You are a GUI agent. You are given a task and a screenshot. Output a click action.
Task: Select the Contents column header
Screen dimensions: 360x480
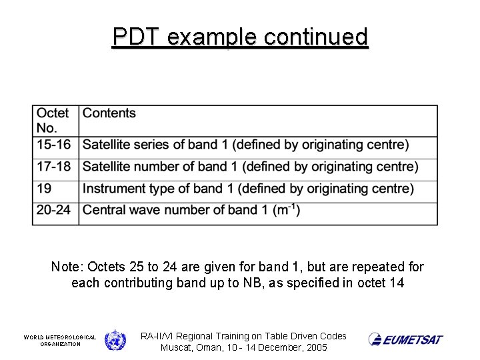(109, 113)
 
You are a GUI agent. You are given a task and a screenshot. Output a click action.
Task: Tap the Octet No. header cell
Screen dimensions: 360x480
(53, 120)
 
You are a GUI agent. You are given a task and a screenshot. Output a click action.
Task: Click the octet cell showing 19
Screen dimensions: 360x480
(45, 189)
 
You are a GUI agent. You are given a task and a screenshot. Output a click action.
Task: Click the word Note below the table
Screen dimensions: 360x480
(65, 267)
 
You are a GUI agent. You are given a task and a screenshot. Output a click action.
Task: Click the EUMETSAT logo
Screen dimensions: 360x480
(406, 339)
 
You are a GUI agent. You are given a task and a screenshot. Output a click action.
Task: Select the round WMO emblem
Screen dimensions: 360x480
(115, 340)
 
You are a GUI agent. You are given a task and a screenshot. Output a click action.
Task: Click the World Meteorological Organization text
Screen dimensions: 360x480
(60, 341)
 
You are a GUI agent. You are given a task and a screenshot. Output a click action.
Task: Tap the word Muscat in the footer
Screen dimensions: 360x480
(177, 347)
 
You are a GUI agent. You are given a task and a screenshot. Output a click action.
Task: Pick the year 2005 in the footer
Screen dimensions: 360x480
(315, 347)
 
